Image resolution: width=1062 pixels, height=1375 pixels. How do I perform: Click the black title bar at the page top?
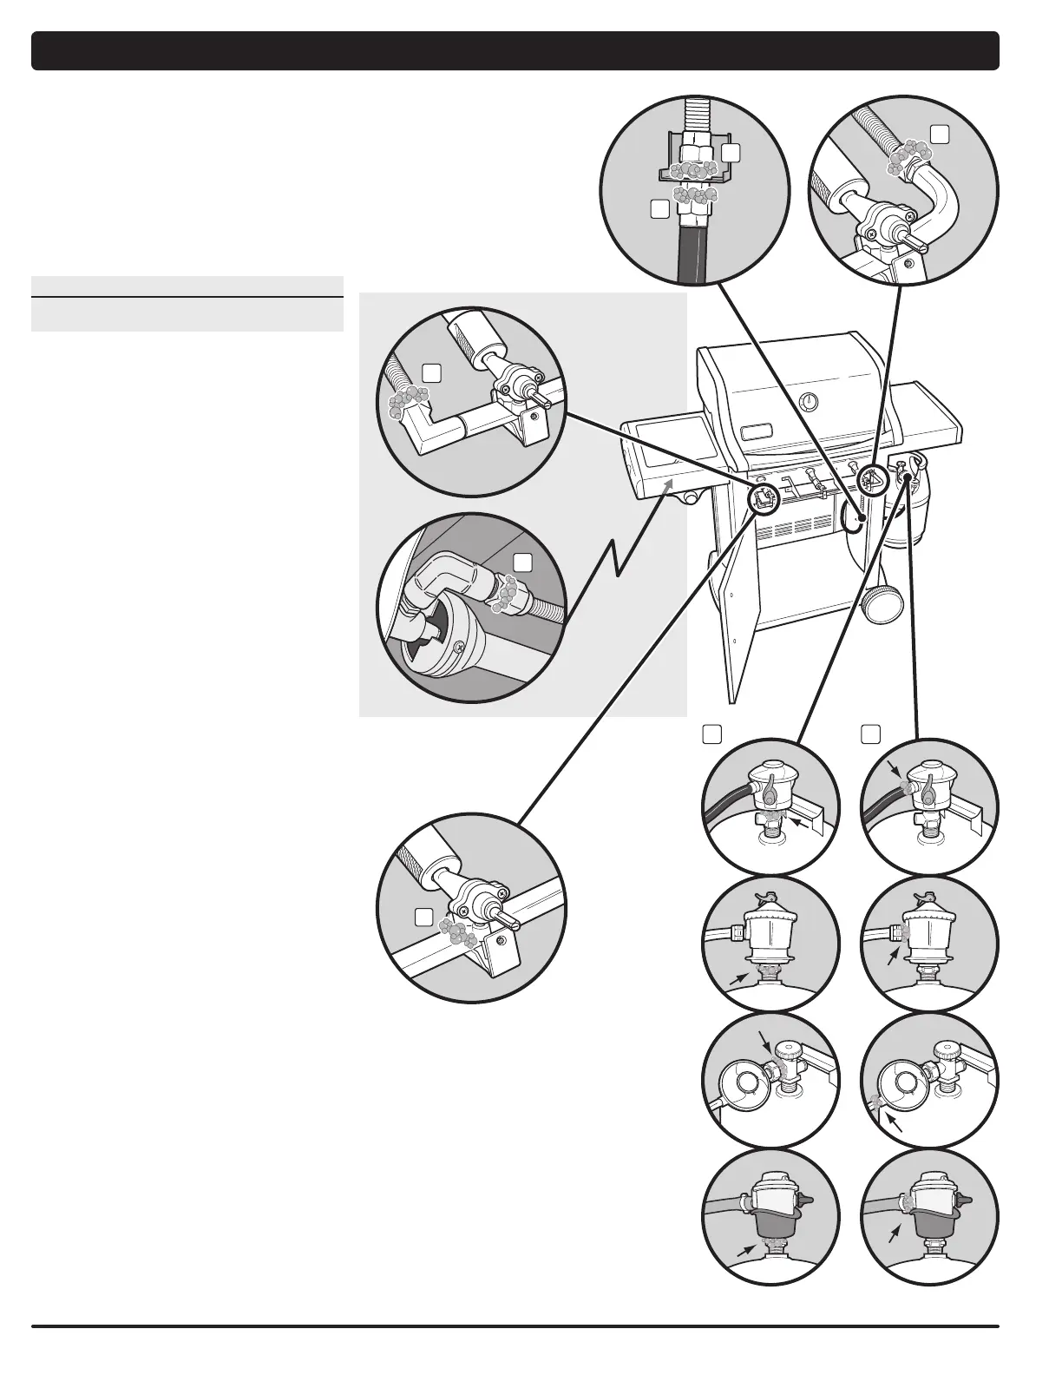coord(515,51)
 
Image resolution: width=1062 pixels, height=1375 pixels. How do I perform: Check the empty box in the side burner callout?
coord(521,562)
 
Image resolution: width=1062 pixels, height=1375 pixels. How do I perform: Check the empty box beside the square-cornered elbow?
coord(431,372)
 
